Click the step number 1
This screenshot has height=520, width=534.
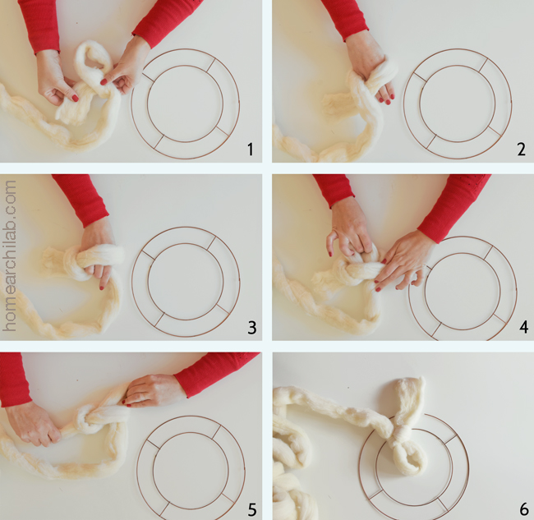pos(251,150)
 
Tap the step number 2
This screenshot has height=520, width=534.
pos(521,150)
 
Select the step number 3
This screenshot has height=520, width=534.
pos(251,328)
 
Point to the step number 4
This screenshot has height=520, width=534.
pos(524,327)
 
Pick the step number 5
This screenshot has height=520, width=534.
pos(251,509)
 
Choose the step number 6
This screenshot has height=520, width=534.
pos(524,509)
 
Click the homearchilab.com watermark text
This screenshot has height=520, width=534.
pos(9,255)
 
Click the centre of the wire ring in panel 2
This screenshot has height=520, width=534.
pos(458,104)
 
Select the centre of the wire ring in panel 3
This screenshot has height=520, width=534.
pos(186,282)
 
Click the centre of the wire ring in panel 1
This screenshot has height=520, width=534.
pos(186,104)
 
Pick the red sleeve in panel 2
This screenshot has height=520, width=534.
pos(344,19)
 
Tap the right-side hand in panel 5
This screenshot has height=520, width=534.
pos(150,390)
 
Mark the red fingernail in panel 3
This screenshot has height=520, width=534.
pos(102,288)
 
